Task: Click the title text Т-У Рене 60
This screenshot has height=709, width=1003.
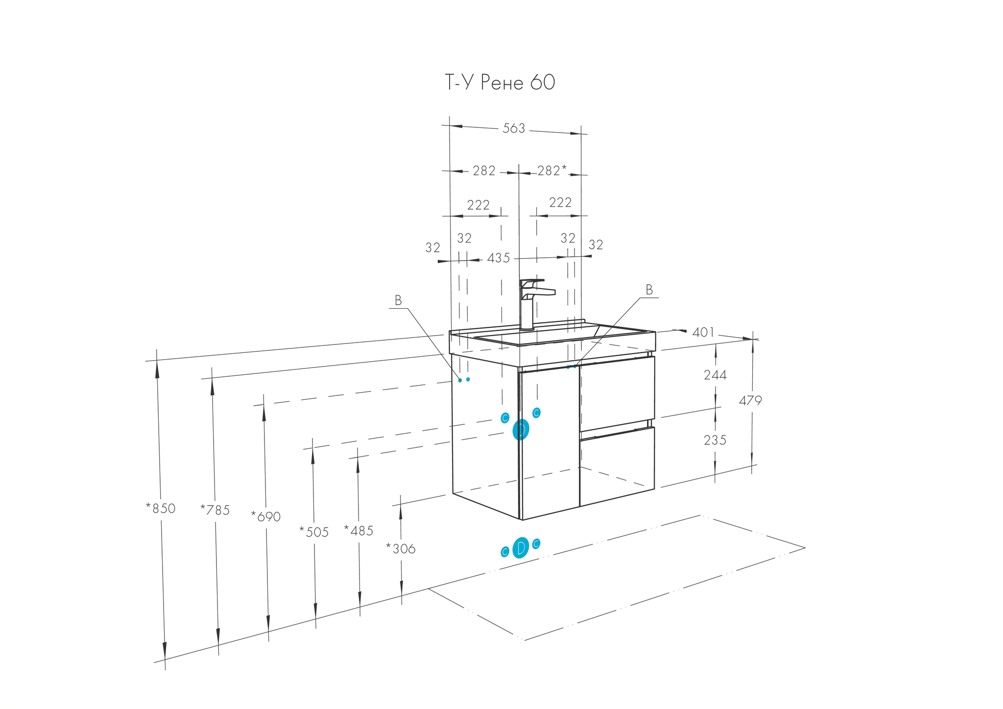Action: point(500,82)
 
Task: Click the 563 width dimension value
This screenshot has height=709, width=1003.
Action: point(514,128)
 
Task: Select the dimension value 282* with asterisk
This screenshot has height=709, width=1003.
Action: point(552,171)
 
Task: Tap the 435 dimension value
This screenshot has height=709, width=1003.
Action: point(499,258)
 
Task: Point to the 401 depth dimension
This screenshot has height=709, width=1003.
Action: point(703,332)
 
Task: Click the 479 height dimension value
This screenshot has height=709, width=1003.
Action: point(750,401)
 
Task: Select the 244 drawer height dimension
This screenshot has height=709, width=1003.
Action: point(715,375)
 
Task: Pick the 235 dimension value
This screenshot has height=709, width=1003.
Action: point(715,440)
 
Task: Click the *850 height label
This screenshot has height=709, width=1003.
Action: point(161,509)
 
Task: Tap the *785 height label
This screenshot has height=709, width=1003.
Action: point(215,510)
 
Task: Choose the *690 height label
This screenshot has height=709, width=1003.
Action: point(266,516)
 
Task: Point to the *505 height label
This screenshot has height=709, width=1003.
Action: point(314,532)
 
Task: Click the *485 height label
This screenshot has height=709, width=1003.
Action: point(358,531)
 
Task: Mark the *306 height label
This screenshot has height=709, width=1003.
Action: point(401,549)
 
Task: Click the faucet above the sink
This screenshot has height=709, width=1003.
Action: point(535,304)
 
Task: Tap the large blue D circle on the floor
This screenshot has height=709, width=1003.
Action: point(521,548)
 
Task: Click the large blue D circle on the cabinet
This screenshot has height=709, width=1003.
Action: point(521,430)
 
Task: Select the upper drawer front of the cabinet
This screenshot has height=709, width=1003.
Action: point(617,394)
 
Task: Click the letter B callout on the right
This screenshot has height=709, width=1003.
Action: point(649,290)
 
